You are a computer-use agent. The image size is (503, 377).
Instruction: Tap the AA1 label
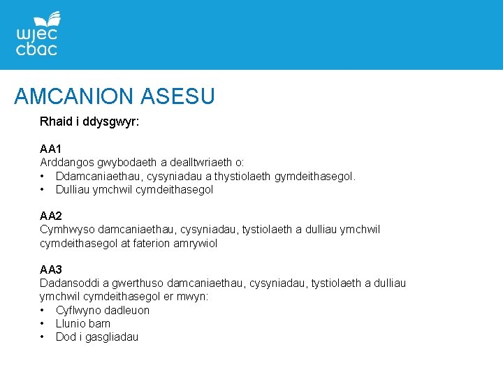point(51,149)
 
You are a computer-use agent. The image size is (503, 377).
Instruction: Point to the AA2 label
point(51,216)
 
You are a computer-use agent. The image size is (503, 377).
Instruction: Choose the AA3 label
point(51,269)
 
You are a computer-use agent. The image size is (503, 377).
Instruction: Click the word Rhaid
point(55,121)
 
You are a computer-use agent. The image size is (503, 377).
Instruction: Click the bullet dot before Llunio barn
point(43,323)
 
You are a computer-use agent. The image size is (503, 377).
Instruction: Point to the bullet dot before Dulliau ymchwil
point(43,189)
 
